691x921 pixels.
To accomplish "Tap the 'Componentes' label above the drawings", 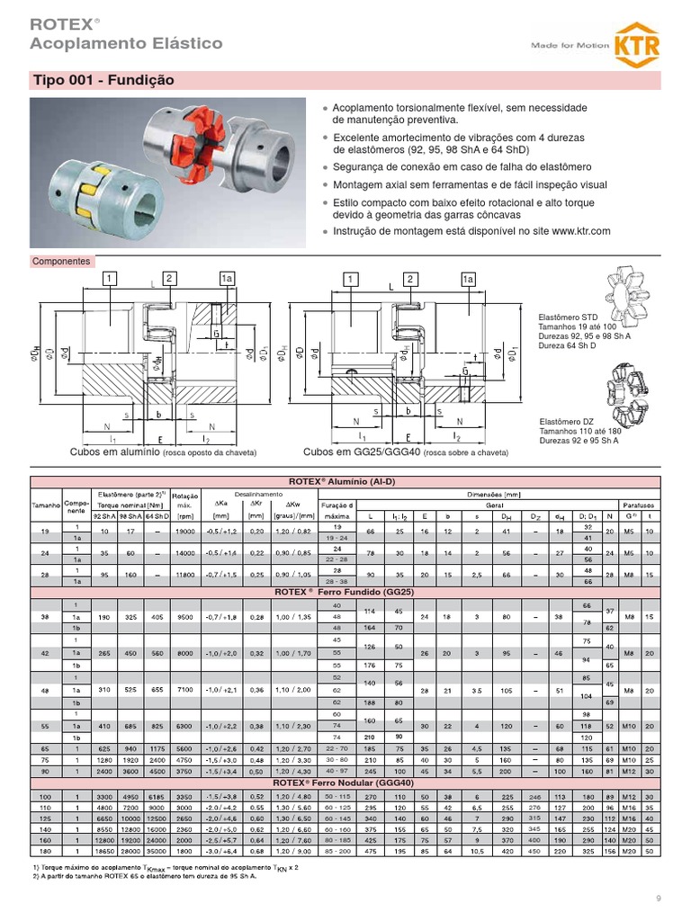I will [x=61, y=262].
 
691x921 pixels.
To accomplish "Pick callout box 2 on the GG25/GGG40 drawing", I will [x=409, y=280].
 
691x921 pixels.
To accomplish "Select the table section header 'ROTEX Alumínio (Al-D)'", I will [x=346, y=481].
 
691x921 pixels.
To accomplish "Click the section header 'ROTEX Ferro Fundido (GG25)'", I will [x=346, y=593].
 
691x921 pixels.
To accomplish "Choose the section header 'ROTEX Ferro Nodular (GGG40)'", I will [x=346, y=783].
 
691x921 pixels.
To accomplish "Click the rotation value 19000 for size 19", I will [x=185, y=532].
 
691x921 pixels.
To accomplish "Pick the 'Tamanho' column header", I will [x=46, y=505].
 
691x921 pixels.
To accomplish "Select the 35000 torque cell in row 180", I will [x=157, y=850].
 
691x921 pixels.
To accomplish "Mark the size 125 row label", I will [x=46, y=818].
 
